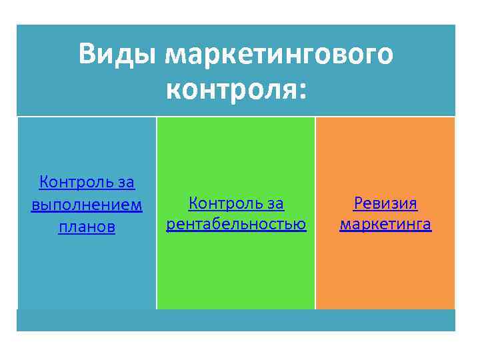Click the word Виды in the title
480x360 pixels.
tap(117, 54)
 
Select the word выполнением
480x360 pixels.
tap(87, 204)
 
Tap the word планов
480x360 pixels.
tap(87, 227)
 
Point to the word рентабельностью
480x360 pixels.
tap(236, 224)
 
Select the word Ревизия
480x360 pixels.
tap(385, 202)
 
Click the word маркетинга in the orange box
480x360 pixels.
tap(385, 224)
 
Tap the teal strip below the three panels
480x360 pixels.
tap(236, 320)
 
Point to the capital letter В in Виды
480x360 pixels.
tap(87, 54)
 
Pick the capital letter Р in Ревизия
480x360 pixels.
tap(358, 202)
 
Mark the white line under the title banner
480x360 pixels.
tap(236, 117)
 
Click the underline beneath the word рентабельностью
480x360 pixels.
tap(236, 231)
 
